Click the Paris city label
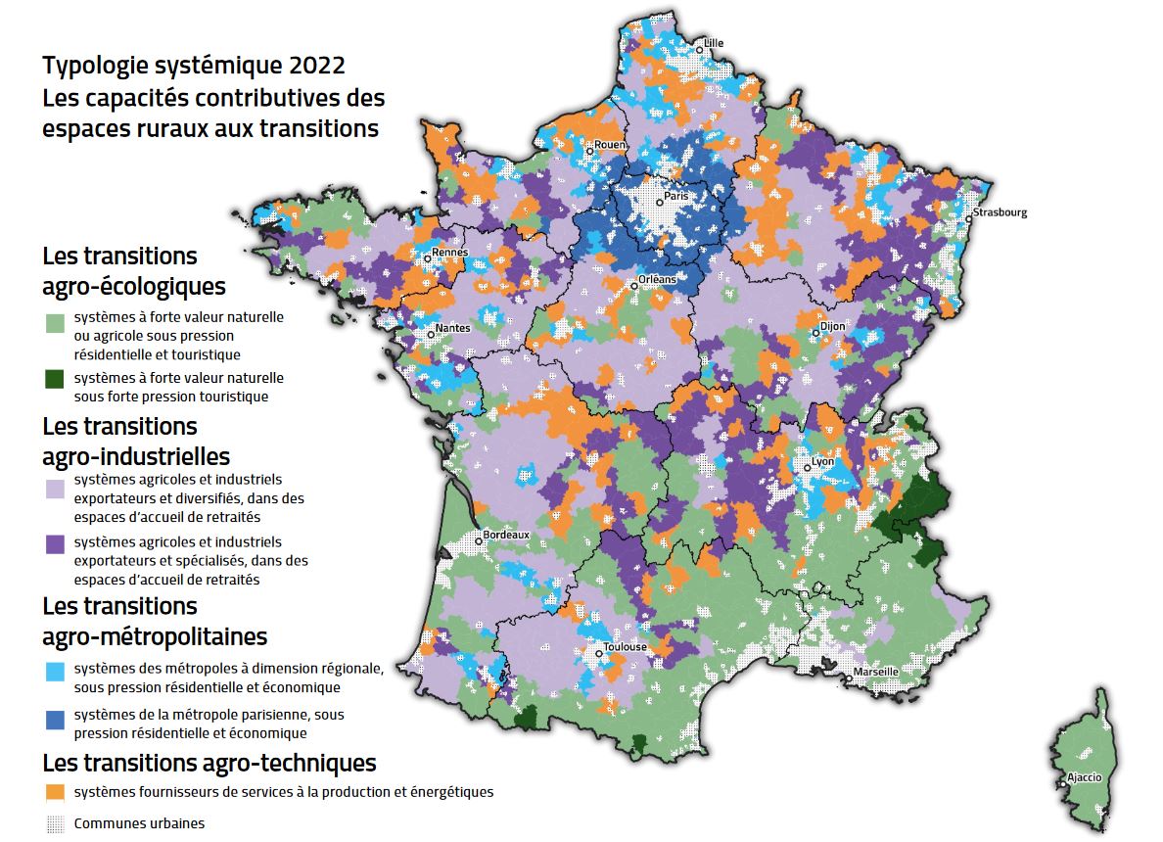(676, 196)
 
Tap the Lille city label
(714, 43)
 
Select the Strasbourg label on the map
(1000, 212)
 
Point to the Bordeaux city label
(505, 536)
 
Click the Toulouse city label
(625, 647)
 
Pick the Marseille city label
(875, 672)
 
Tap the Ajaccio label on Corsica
(1084, 777)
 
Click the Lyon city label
(821, 462)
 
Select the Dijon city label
(832, 327)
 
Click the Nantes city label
(452, 328)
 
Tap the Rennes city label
(450, 253)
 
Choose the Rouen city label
(610, 145)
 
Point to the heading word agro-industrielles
(136, 456)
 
